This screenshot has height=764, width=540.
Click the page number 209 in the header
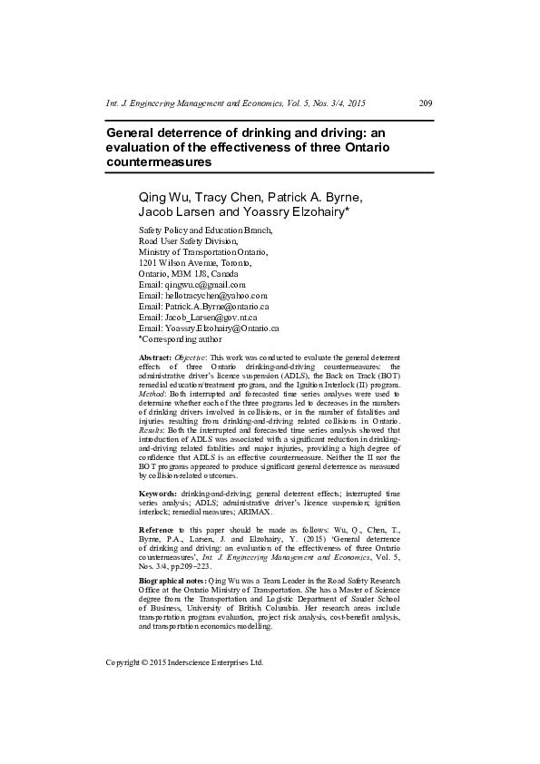click(425, 103)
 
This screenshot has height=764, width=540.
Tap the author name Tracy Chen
click(231, 197)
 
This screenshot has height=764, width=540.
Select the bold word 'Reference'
click(159, 528)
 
